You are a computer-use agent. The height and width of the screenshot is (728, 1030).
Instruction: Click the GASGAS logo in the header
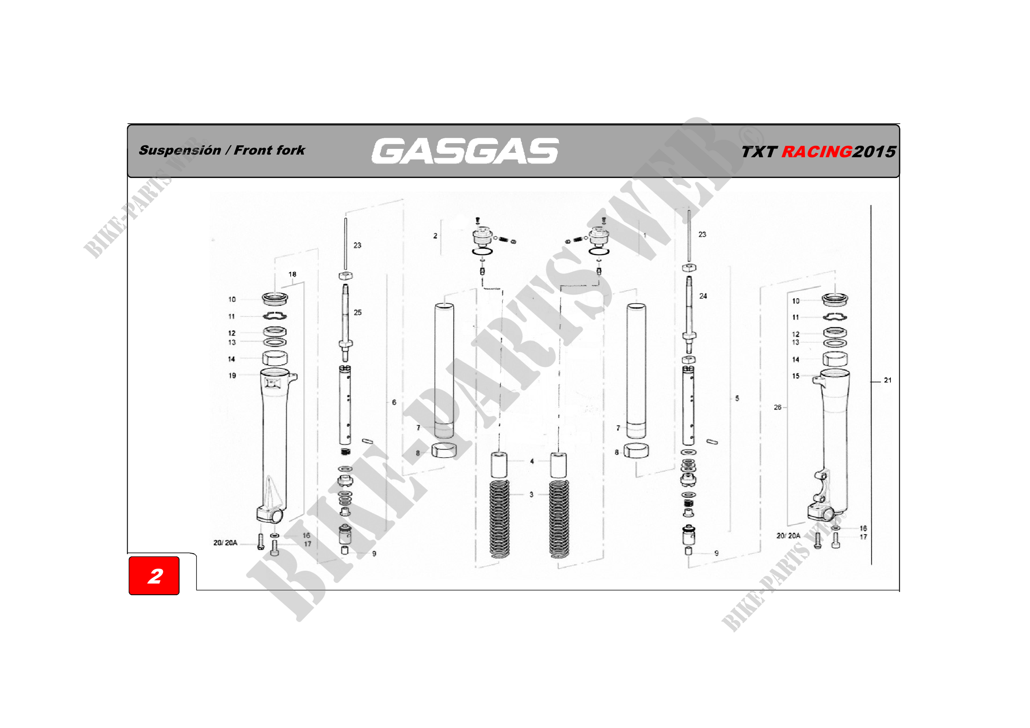[465, 151]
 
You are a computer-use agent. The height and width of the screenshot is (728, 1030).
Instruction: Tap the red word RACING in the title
[816, 152]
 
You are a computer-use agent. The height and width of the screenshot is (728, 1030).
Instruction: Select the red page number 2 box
[154, 576]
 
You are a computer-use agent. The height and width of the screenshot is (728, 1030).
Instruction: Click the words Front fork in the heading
[269, 150]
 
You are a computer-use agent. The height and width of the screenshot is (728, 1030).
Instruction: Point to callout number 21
[887, 380]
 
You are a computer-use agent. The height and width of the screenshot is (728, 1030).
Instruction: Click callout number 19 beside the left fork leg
[232, 375]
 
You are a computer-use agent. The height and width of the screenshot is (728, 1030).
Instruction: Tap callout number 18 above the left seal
[292, 274]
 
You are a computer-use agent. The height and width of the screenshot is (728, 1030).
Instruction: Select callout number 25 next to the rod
[357, 312]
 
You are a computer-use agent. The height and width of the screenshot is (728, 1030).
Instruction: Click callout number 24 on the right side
[703, 296]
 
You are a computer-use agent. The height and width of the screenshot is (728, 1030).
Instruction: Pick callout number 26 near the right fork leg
[777, 407]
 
